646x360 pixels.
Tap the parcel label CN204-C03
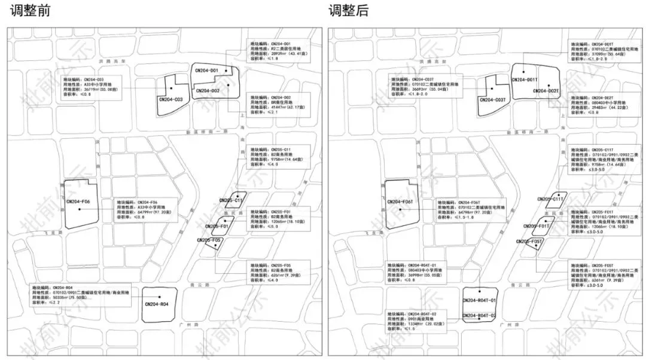point(171,99)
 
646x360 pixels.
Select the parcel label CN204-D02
point(206,91)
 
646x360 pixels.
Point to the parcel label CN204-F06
point(78,202)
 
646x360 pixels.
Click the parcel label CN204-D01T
point(525,80)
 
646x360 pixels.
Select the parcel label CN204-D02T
point(545,91)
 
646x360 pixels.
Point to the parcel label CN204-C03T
point(493,99)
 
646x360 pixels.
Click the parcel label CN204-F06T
point(401,202)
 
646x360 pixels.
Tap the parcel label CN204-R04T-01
point(480,301)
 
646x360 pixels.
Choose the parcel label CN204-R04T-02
point(480,315)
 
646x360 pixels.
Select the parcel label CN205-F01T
point(536,226)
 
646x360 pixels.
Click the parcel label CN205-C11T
point(551,199)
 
